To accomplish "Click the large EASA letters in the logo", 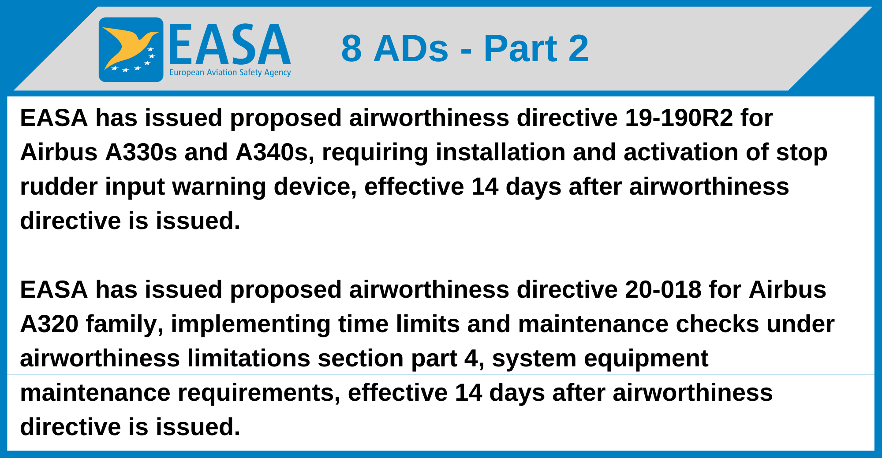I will [229, 45].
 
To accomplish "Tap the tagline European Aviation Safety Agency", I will [230, 72].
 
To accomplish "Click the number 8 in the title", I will [351, 48].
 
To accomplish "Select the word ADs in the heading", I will [411, 48].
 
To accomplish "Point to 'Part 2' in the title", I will [536, 48].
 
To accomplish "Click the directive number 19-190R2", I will [679, 118].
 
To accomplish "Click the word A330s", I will [141, 152].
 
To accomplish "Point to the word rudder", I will [59, 187].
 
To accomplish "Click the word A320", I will [49, 324].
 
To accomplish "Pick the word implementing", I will [250, 324].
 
